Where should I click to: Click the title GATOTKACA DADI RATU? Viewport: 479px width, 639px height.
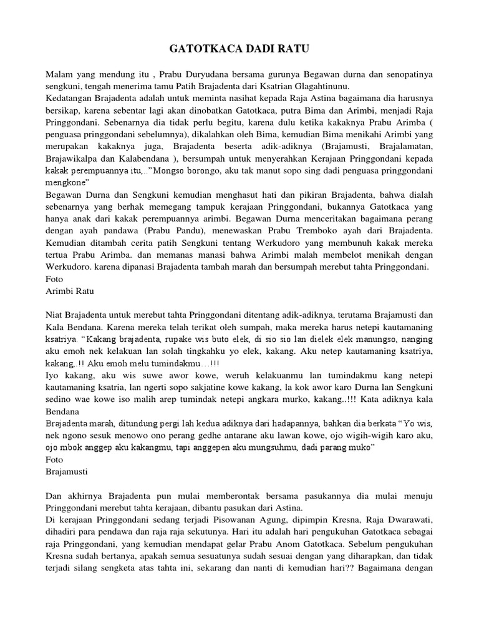tap(239, 49)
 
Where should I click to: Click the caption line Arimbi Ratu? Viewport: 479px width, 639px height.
tap(70, 291)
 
